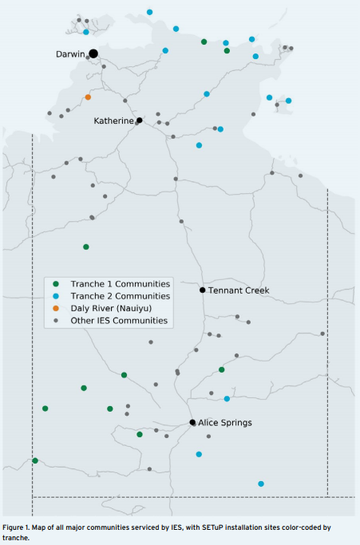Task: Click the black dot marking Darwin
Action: [x=93, y=53]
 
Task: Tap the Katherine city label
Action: [x=113, y=121]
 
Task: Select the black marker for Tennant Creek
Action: [x=203, y=290]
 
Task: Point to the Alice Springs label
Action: [x=225, y=423]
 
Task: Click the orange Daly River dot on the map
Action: [x=88, y=97]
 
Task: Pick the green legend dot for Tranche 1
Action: [x=56, y=284]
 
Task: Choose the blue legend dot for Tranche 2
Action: [x=56, y=296]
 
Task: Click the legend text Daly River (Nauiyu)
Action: [x=111, y=308]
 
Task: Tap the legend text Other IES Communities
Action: [x=119, y=321]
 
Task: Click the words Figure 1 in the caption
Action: [x=14, y=527]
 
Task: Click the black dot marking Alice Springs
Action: [x=192, y=422]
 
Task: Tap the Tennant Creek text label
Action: [x=239, y=290]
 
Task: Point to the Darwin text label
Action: [x=70, y=54]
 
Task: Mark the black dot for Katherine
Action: [x=140, y=120]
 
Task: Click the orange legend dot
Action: [x=56, y=308]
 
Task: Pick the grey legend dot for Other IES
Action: [x=56, y=321]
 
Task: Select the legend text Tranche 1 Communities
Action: [x=121, y=284]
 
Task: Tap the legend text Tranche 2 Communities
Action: [x=121, y=296]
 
